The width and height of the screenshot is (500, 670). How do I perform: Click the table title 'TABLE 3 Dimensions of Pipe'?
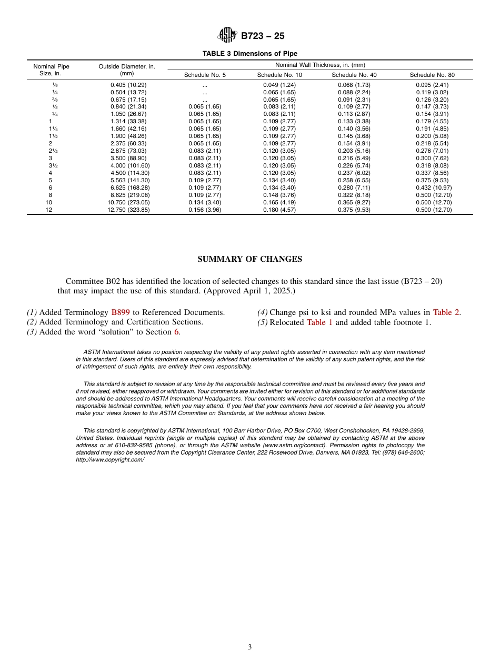[250, 54]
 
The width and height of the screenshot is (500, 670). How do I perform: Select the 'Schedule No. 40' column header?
[354, 75]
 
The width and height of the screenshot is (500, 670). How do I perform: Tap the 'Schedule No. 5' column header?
[205, 75]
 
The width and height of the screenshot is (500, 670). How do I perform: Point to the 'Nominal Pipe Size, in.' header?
[51, 70]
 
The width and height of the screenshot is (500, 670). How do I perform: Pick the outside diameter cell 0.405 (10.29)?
[128, 85]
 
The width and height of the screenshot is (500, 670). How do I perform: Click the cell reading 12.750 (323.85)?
[128, 210]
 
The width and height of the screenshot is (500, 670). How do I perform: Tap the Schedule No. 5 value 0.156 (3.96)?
[205, 210]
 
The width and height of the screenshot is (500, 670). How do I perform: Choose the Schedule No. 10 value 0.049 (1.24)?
[279, 85]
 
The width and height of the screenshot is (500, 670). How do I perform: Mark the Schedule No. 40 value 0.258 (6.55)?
[354, 180]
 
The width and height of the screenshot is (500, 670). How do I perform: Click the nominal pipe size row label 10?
[49, 202]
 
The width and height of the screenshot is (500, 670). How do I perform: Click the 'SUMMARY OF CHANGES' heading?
[249, 259]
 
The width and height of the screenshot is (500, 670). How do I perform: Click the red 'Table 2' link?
[446, 312]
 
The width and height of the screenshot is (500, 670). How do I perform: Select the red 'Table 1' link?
[319, 322]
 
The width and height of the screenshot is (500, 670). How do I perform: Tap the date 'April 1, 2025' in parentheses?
[267, 291]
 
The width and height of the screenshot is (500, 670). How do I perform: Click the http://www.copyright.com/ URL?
[110, 460]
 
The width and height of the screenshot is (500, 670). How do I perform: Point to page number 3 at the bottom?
[250, 647]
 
